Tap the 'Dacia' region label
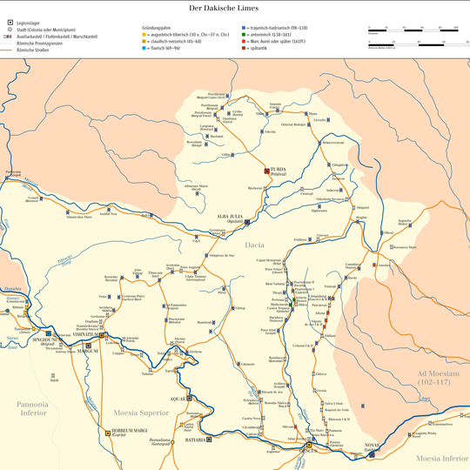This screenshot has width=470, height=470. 256,245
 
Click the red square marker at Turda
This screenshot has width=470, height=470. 268,170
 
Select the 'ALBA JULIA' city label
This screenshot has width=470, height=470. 230,217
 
